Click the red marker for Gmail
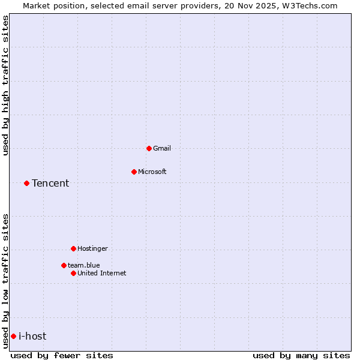149,148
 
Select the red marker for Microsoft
134,172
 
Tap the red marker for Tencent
26,183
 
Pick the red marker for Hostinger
73,248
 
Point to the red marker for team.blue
64,265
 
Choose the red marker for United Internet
73,273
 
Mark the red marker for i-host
13,336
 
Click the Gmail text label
162,148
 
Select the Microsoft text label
152,172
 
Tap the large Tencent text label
50,183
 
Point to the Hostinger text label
92,248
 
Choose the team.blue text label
84,265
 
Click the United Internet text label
102,273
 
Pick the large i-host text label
32,336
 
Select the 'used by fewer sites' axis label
62,355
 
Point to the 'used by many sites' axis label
301,355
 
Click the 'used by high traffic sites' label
5,85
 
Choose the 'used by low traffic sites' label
5,281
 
